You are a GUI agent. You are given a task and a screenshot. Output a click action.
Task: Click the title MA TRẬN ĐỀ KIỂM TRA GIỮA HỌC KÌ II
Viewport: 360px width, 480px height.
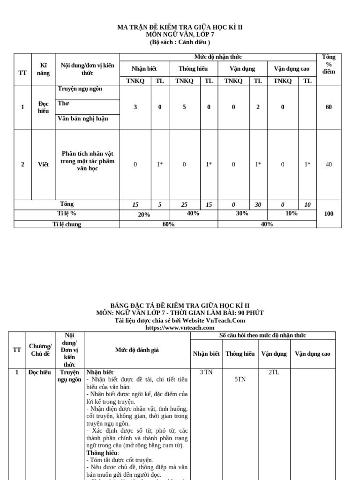[180, 28]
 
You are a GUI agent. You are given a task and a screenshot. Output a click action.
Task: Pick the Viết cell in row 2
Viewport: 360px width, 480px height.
[43, 165]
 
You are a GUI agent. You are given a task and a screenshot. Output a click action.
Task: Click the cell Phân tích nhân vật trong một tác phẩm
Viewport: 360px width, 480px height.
[87, 161]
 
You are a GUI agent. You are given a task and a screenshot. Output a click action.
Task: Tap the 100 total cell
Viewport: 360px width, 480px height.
[329, 214]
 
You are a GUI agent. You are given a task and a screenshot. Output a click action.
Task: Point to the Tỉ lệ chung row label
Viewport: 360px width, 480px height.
[67, 225]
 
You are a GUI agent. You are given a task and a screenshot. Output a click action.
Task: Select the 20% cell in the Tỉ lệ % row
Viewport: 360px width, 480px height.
[144, 214]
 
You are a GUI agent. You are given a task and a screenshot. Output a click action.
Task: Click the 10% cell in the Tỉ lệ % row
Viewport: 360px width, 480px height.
[291, 213]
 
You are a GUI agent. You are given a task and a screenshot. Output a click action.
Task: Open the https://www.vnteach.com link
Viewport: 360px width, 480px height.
[180, 328]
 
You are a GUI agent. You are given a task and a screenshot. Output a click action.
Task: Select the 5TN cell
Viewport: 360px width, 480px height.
[240, 380]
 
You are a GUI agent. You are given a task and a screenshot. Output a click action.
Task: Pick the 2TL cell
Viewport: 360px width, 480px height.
[274, 372]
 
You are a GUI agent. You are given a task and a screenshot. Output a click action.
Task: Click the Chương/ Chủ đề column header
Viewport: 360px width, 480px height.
[40, 350]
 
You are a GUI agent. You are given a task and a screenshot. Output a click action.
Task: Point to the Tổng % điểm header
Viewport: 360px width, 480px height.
[329, 64]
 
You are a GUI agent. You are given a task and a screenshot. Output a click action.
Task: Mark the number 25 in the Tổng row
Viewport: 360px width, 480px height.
[184, 204]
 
